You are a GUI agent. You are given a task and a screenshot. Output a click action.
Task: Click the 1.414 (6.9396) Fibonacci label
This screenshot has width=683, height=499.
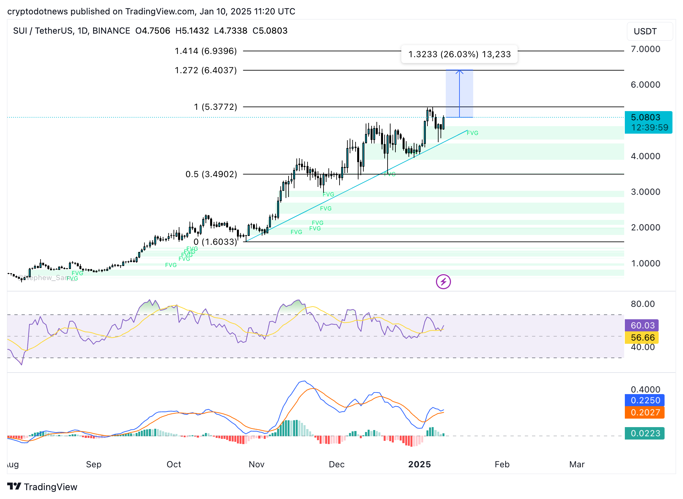[x=206, y=51]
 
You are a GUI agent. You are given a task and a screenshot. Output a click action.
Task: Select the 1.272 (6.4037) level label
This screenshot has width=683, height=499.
[x=206, y=70]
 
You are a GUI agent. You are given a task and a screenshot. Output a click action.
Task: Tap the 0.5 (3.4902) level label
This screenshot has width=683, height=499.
[x=211, y=174]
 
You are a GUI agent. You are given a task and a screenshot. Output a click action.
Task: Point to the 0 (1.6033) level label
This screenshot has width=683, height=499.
[x=215, y=242]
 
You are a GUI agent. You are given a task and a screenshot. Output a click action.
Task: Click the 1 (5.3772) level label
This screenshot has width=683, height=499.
[x=215, y=107]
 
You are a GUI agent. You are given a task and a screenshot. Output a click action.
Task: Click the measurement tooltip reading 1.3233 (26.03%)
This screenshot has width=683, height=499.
[x=459, y=54]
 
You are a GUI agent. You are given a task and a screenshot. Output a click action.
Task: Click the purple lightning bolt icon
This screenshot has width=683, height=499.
[x=443, y=282]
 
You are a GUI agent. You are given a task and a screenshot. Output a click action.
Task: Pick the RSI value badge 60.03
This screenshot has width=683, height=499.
[x=642, y=325]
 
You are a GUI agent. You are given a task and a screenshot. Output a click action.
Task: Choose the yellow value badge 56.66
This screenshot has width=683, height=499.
[x=642, y=338]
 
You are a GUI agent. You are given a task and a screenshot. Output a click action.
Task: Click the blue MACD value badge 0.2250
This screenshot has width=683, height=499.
[x=645, y=400]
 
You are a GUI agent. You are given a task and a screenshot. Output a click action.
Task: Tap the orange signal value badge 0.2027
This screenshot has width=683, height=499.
[x=645, y=412]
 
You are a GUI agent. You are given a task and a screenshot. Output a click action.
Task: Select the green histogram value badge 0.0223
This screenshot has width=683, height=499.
[x=645, y=433]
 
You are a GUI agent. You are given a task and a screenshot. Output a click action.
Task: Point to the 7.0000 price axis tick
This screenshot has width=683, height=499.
[x=645, y=49]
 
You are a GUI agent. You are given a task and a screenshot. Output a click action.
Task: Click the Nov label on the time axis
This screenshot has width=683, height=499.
[x=256, y=464]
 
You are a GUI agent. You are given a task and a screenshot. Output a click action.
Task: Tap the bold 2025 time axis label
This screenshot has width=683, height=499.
[x=419, y=464]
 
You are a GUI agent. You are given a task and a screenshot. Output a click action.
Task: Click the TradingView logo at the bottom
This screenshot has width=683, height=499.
[x=42, y=487]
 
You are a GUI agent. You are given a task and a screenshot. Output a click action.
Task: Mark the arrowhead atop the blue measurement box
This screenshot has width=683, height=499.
[x=459, y=71]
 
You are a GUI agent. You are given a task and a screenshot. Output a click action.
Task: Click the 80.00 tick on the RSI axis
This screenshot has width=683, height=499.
[x=642, y=304]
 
